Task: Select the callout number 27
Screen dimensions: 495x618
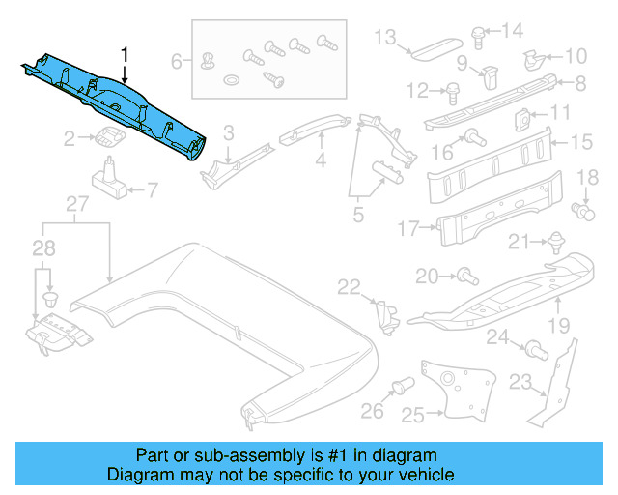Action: click(x=77, y=203)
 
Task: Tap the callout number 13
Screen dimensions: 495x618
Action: click(x=385, y=38)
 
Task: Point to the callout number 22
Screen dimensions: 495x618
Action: click(x=349, y=285)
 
